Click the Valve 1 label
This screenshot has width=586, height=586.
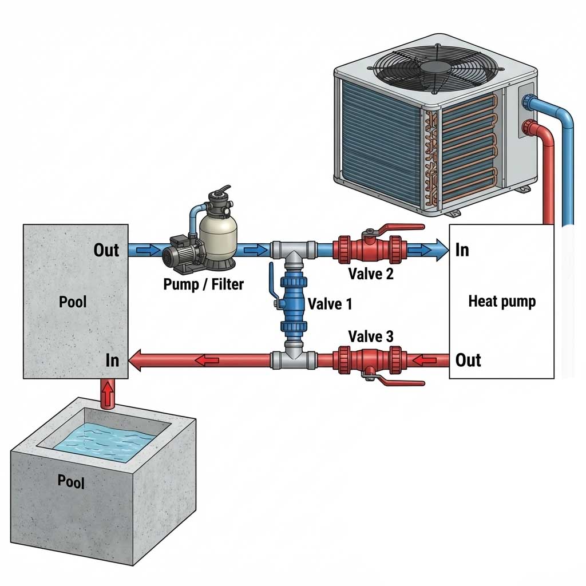pos(330,303)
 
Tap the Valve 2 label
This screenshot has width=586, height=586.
pos(371,274)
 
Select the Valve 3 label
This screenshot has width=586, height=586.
pos(371,336)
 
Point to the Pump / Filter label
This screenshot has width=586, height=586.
pos(203,283)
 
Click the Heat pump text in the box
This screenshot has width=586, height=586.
pos(502,301)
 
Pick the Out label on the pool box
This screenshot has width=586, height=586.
pos(106,250)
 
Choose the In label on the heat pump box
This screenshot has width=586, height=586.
pos(462,250)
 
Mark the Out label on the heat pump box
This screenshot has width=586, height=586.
pos(468,360)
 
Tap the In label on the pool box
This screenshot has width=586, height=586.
pos(112,360)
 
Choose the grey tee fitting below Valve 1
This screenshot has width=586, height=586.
pos(293,359)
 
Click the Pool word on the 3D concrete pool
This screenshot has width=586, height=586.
pos(71,480)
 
